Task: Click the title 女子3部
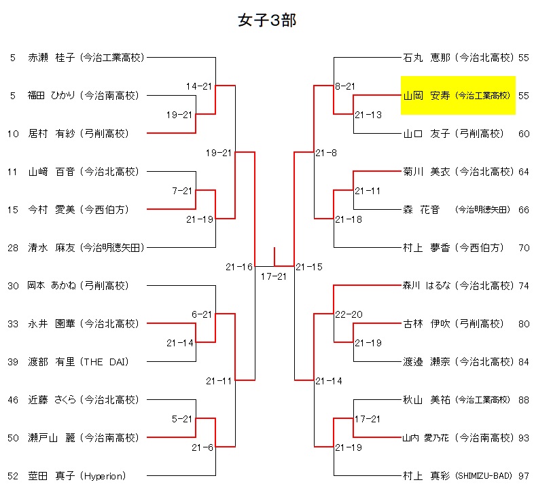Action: pyautogui.click(x=267, y=20)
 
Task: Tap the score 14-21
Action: pyautogui.click(x=200, y=86)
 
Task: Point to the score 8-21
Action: pyautogui.click(x=345, y=86)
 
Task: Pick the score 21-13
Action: pyautogui.click(x=368, y=115)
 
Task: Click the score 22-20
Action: pyautogui.click(x=349, y=314)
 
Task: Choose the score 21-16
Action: pyautogui.click(x=239, y=267)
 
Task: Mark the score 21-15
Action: pyautogui.click(x=309, y=267)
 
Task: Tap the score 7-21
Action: pyautogui.click(x=182, y=191)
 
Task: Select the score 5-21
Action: pyautogui.click(x=182, y=419)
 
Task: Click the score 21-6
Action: pyautogui.click(x=202, y=447)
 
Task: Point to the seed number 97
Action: pyautogui.click(x=523, y=476)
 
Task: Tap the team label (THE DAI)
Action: pyautogui.click(x=105, y=362)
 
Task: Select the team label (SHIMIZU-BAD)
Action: pyautogui.click(x=483, y=476)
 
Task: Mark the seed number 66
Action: pyautogui.click(x=523, y=210)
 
